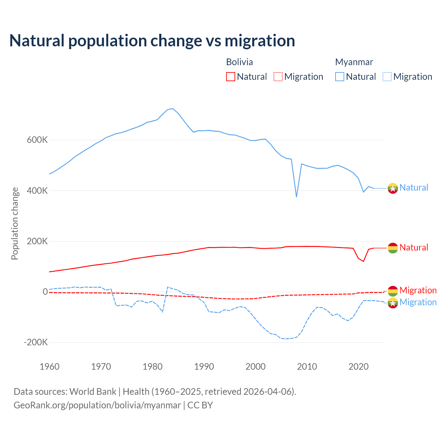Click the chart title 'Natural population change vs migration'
(152, 40)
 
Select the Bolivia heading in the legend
(239, 62)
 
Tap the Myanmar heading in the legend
(354, 62)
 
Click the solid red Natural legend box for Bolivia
(231, 77)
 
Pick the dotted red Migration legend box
(278, 77)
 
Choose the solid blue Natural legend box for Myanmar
(340, 77)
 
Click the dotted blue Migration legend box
(387, 77)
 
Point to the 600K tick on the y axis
(37, 140)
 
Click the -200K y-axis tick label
(36, 343)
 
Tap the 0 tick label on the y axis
(45, 292)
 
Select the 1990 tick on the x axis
(204, 367)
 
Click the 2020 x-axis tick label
(359, 367)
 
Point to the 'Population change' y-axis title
(15, 224)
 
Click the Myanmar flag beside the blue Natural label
(393, 188)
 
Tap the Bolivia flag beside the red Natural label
(393, 248)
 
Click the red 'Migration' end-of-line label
(418, 290)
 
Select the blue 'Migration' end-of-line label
(418, 302)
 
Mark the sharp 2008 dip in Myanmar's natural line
(297, 197)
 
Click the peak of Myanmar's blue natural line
(172, 109)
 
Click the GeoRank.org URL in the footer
(97, 405)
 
